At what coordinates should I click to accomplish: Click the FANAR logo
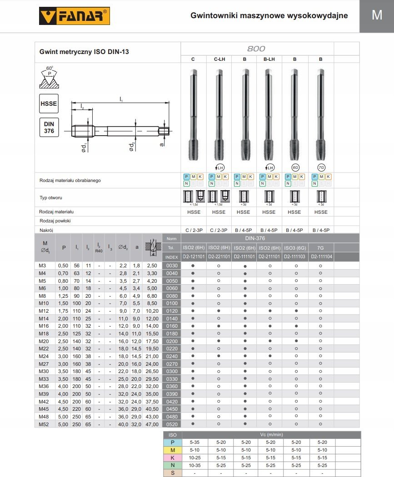[x=74, y=16]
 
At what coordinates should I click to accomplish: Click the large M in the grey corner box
[x=377, y=15]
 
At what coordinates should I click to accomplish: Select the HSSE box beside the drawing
[x=49, y=104]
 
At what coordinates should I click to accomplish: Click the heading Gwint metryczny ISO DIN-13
[x=85, y=52]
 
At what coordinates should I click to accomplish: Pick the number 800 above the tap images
[x=256, y=49]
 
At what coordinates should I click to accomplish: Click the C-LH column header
[x=219, y=59]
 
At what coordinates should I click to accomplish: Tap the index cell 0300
[x=171, y=371]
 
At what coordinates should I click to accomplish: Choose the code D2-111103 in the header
[x=295, y=256]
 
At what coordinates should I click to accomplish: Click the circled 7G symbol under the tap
[x=321, y=167]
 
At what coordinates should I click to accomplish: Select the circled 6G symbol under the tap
[x=295, y=167]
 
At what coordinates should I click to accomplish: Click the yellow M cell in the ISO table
[x=172, y=449]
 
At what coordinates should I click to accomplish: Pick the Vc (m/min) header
[x=270, y=434]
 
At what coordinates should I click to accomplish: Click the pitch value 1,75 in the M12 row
[x=64, y=310]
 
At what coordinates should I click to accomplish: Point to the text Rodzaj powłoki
[x=56, y=221]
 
